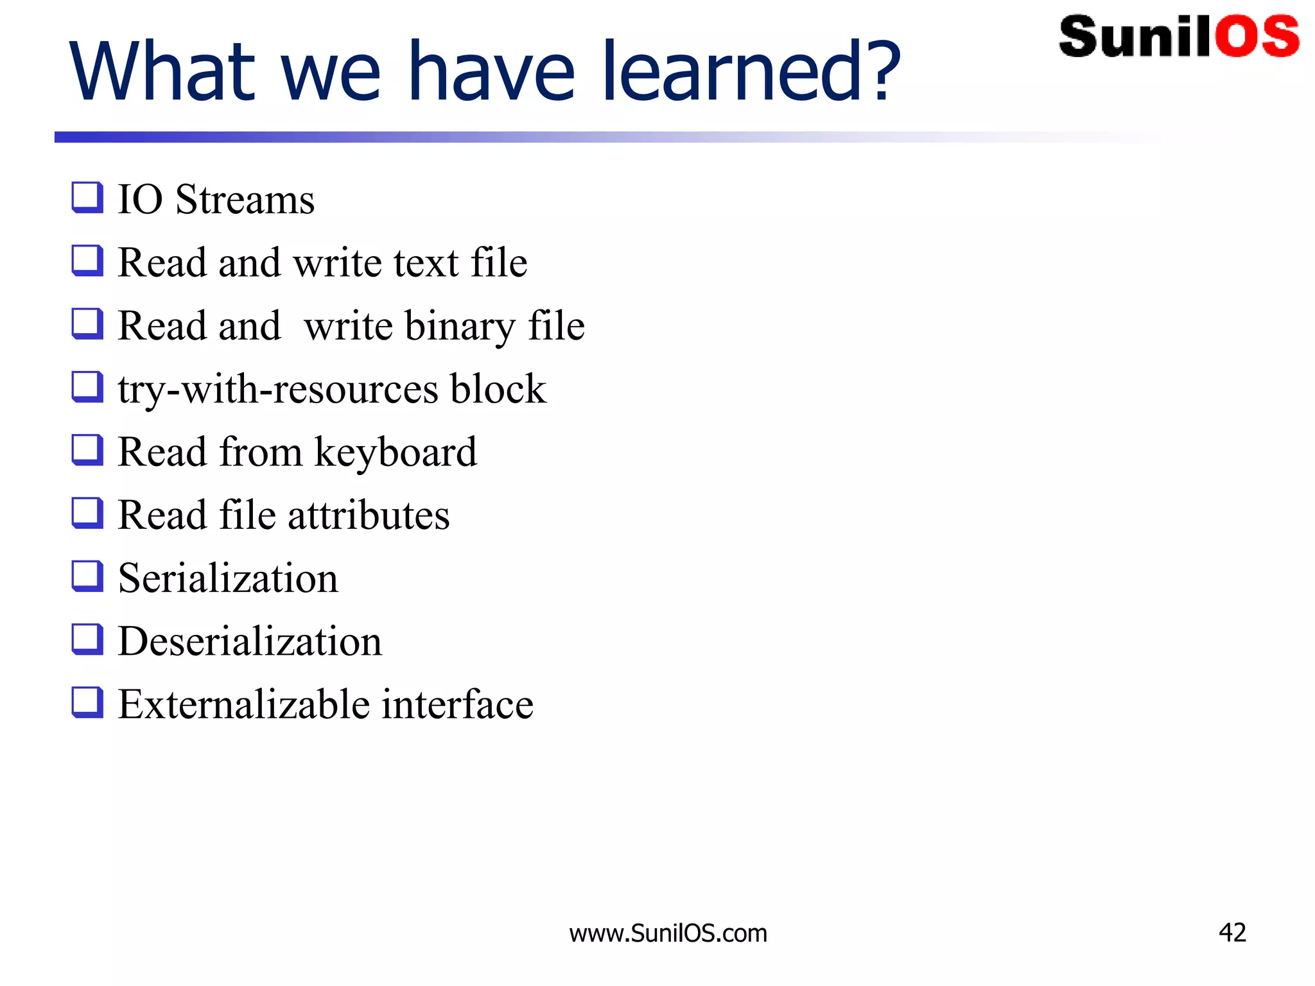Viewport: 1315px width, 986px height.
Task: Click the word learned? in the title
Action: (751, 72)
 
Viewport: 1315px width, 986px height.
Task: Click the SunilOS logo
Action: (1179, 37)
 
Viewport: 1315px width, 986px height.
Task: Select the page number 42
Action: (1232, 932)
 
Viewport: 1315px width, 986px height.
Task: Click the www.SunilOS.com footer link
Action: (668, 933)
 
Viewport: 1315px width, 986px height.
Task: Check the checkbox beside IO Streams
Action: (87, 197)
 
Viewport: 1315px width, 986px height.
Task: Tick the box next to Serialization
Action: (87, 576)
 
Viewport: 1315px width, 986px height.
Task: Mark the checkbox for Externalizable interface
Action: (87, 702)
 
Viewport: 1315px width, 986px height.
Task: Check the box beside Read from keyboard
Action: (87, 449)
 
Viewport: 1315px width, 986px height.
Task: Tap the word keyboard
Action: (396, 453)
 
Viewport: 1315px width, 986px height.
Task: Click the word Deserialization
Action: (250, 641)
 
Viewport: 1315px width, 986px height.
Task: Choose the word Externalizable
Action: (244, 704)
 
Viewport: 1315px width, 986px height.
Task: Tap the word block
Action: (498, 389)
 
